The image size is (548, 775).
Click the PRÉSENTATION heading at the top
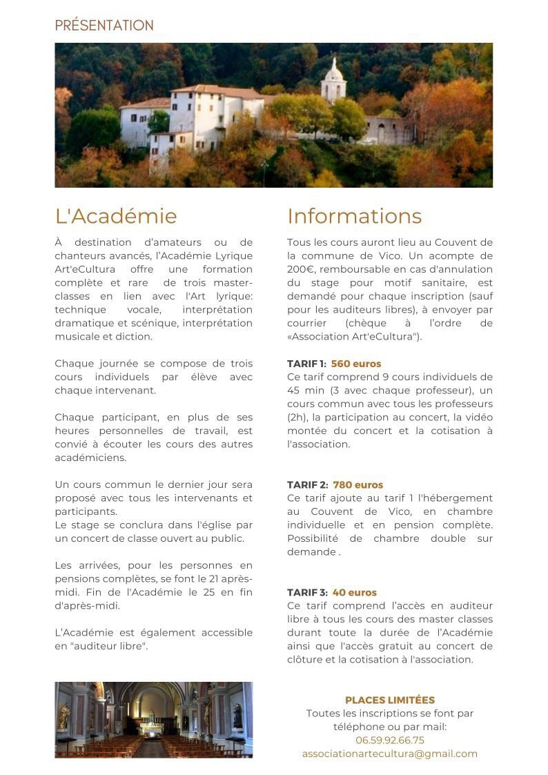pyautogui.click(x=104, y=26)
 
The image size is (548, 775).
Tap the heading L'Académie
pyautogui.click(x=116, y=216)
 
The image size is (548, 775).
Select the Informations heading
pyautogui.click(x=354, y=216)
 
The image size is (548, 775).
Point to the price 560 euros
pyautogui.click(x=356, y=364)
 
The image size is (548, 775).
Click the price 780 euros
pyautogui.click(x=358, y=485)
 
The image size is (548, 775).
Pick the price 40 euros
pyautogui.click(x=355, y=593)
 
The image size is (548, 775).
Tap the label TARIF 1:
pyautogui.click(x=307, y=364)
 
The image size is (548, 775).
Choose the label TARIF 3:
pyautogui.click(x=307, y=593)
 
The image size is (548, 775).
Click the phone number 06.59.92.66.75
pyautogui.click(x=390, y=740)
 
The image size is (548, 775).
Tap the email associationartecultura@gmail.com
pyautogui.click(x=390, y=754)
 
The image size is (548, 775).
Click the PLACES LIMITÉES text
pyautogui.click(x=390, y=700)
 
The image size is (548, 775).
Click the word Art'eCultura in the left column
pyautogui.click(x=85, y=269)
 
